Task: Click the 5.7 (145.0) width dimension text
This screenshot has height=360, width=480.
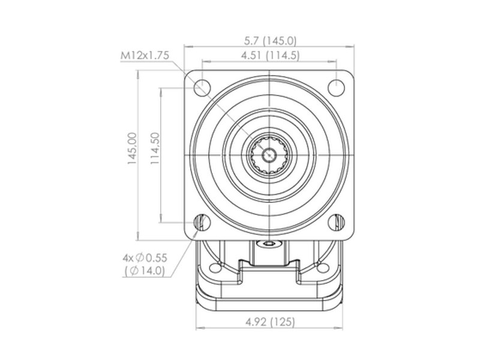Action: (x=271, y=40)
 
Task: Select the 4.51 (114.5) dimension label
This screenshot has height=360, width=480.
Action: (x=271, y=56)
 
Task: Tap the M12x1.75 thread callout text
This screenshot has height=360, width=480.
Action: (x=145, y=55)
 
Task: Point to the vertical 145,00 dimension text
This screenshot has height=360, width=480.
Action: (x=132, y=148)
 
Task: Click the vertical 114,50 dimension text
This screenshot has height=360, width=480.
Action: (x=155, y=148)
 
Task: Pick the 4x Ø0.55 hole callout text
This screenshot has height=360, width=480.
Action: (x=145, y=258)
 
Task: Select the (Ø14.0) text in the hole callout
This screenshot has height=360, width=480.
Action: (x=145, y=271)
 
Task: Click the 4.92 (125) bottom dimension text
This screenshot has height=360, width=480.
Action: (x=271, y=322)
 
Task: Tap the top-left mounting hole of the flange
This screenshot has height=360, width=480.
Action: (x=202, y=87)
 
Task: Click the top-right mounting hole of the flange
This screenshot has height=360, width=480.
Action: (x=336, y=87)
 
